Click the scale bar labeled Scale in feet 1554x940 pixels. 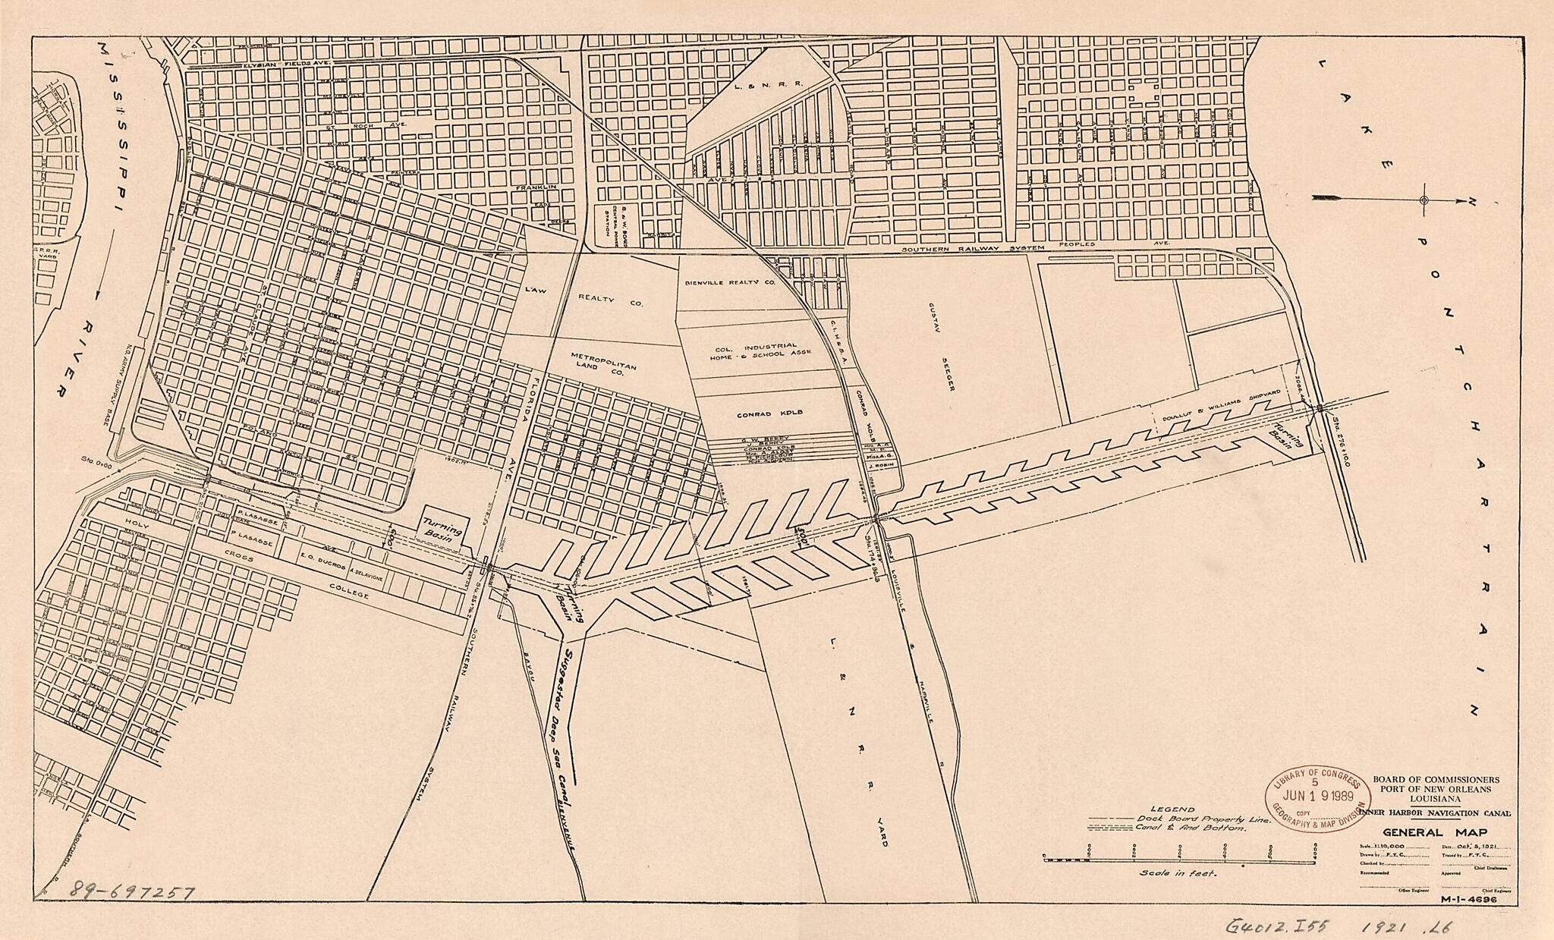(1179, 857)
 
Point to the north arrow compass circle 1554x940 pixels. (1423, 200)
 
